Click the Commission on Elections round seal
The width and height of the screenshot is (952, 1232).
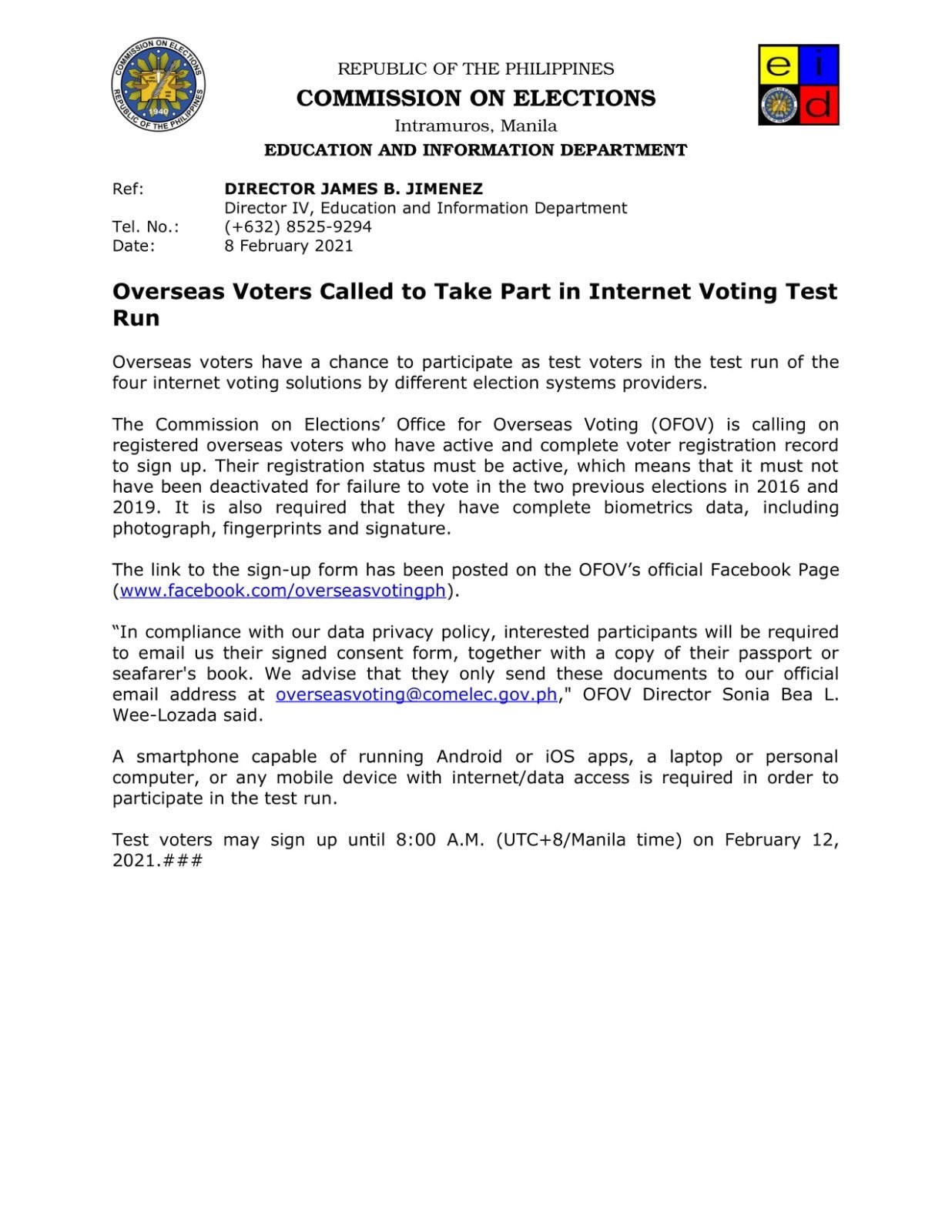158,85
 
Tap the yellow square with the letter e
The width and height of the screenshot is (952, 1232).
778,65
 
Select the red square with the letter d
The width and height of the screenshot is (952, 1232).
819,105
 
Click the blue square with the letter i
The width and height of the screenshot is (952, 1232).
820,65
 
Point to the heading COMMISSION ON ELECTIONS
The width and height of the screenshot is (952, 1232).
476,98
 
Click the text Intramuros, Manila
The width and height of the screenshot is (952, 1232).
476,126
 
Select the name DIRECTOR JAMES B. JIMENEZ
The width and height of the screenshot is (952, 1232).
354,189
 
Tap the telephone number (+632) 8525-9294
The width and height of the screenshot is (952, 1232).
298,226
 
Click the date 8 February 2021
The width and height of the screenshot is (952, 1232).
289,246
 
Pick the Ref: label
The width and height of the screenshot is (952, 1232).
128,189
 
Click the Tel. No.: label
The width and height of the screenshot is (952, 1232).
146,226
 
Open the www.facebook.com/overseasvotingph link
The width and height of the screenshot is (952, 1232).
283,591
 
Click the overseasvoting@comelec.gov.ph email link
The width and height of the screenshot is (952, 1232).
416,695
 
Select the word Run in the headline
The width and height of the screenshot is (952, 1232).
136,318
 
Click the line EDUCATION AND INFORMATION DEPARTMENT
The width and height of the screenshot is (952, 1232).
476,150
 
